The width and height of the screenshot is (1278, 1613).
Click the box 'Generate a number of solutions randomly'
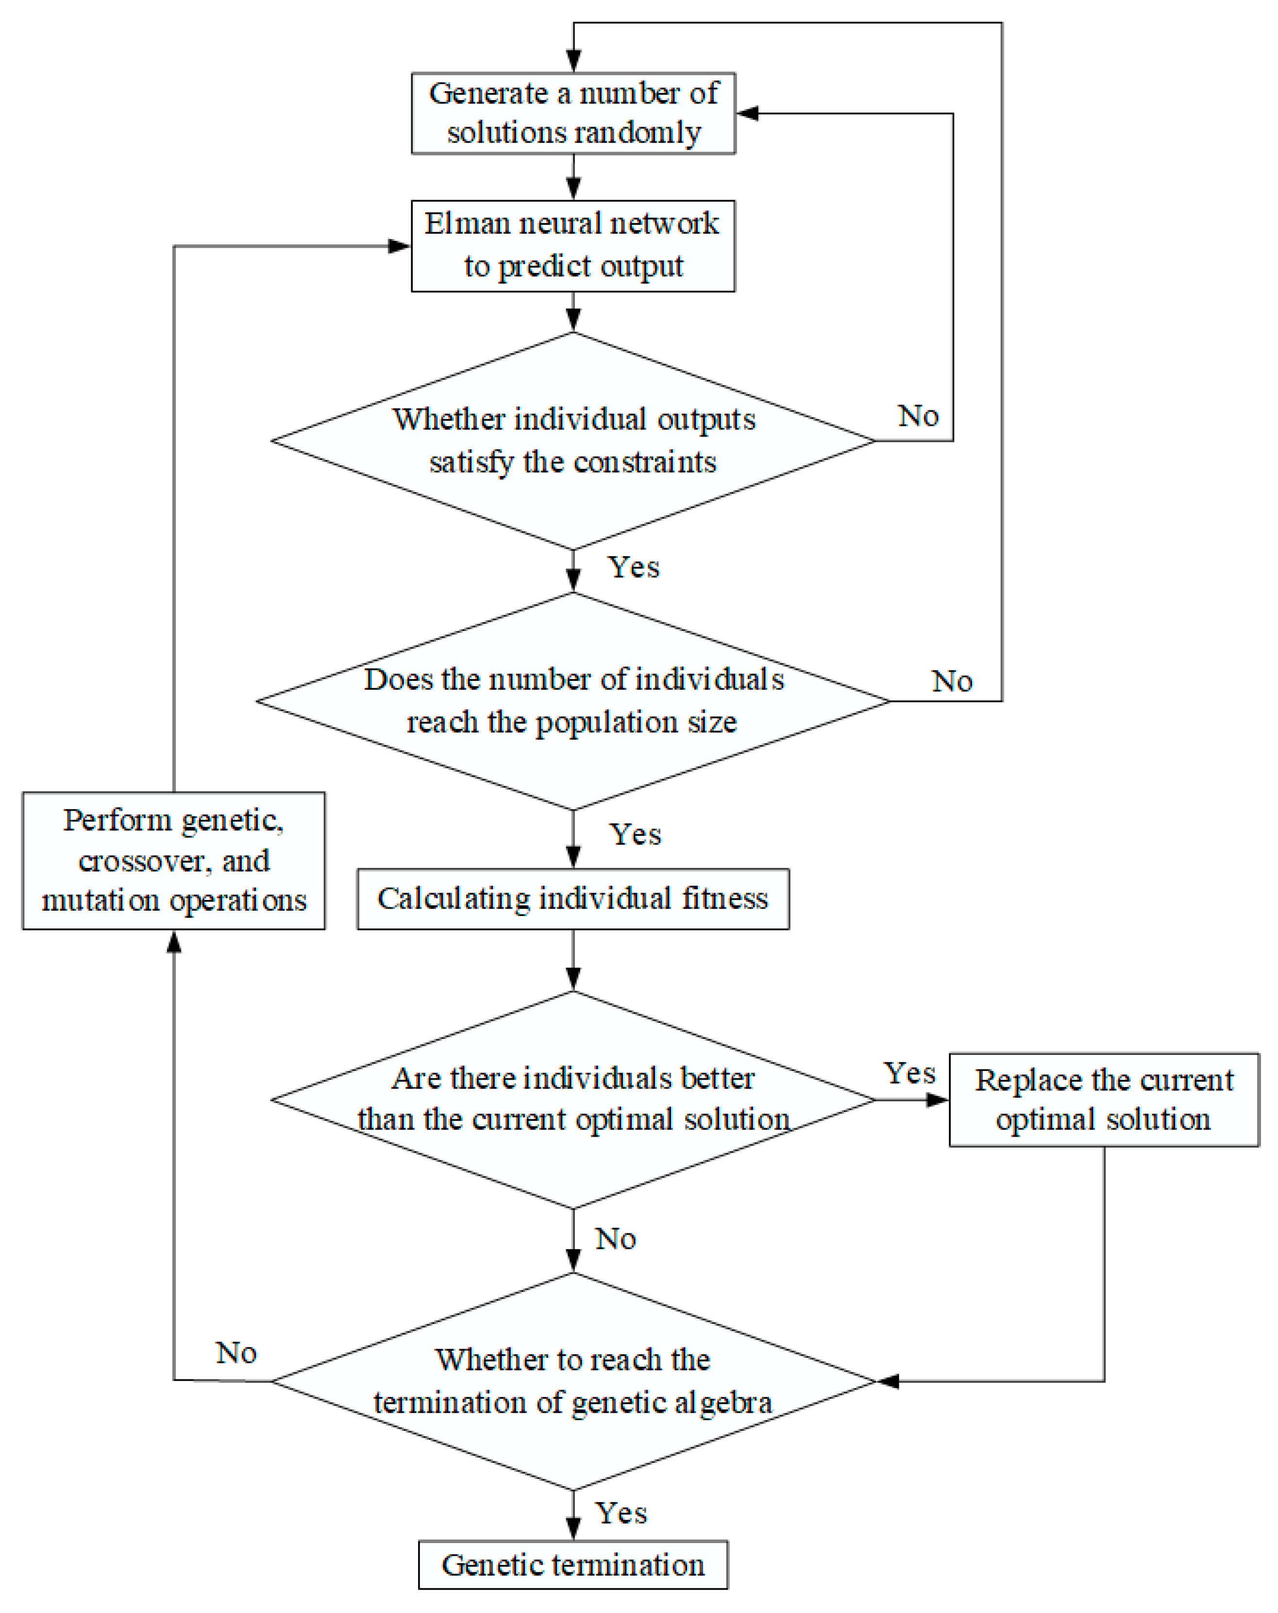click(x=573, y=113)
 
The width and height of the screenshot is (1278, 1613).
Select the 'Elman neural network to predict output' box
click(x=573, y=245)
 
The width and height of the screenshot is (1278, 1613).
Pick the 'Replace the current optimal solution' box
click(x=1103, y=1099)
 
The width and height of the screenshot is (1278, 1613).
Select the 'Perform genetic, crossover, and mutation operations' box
click(x=173, y=860)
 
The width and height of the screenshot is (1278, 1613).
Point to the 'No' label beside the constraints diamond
click(x=918, y=416)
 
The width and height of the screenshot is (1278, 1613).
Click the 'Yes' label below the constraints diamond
click(x=633, y=567)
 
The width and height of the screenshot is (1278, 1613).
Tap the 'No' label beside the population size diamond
click(x=951, y=681)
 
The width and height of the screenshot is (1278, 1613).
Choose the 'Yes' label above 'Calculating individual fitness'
click(x=635, y=834)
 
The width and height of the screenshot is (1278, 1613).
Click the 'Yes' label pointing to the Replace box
click(x=909, y=1073)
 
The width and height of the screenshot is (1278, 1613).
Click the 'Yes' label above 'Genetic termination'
click(x=621, y=1513)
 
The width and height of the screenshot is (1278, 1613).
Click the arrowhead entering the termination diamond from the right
click(x=888, y=1381)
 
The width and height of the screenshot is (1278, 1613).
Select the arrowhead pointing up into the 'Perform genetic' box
click(x=173, y=941)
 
